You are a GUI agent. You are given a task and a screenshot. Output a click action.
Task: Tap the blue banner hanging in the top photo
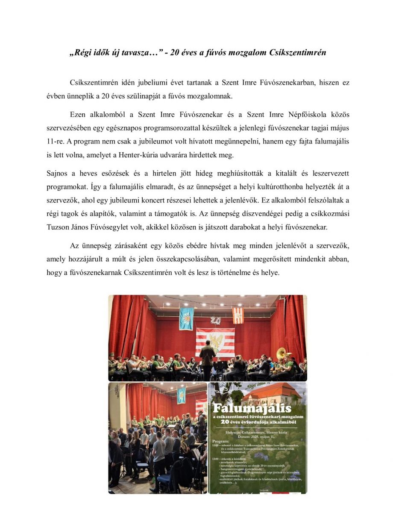tap(186, 317)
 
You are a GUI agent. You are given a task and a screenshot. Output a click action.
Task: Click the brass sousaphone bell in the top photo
tap(282, 354)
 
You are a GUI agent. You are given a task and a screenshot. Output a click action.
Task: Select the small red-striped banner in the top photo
tap(238, 315)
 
